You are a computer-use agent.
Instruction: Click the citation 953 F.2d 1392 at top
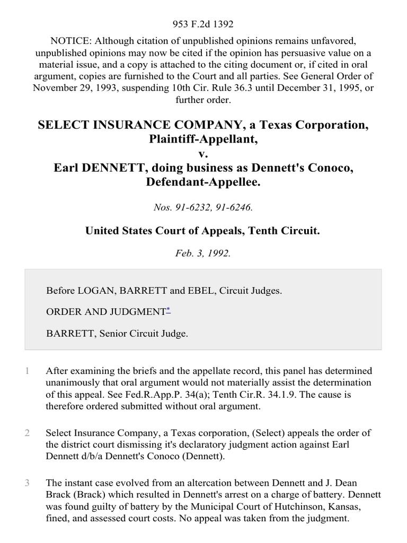click(x=203, y=24)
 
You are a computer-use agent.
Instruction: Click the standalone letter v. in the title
click(x=203, y=154)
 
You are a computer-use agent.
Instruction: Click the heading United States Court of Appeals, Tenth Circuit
click(x=203, y=231)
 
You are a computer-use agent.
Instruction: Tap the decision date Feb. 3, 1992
click(x=203, y=253)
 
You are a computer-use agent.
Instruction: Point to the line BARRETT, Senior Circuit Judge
click(x=117, y=334)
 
